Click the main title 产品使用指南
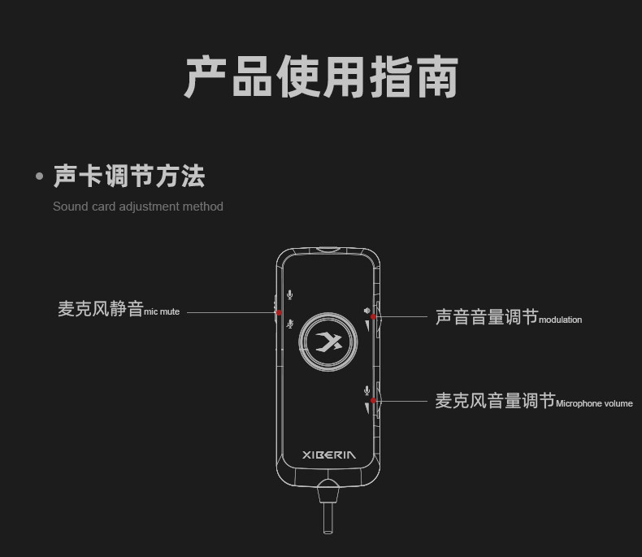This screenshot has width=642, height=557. (321, 77)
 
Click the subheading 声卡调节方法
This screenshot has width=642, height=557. (129, 176)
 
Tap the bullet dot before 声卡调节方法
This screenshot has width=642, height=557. (39, 176)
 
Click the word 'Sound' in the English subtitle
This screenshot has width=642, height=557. (69, 207)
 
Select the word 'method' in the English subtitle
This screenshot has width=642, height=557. (202, 207)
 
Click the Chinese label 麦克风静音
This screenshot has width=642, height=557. (100, 309)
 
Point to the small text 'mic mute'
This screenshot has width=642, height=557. (162, 311)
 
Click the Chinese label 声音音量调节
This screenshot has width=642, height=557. (486, 317)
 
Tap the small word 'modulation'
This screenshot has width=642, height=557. (560, 320)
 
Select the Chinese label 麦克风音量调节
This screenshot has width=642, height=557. (495, 401)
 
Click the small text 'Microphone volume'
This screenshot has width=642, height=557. (594, 403)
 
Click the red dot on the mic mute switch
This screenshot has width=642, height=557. (279, 312)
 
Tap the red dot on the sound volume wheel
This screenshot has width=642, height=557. (373, 317)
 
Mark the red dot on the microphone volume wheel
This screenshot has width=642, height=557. (373, 401)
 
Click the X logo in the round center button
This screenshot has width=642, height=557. (329, 342)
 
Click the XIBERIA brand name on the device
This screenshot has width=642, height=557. (328, 455)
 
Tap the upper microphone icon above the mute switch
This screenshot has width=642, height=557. (289, 295)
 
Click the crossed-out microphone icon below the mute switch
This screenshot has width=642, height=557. (289, 324)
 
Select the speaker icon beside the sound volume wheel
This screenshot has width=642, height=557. (367, 310)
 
